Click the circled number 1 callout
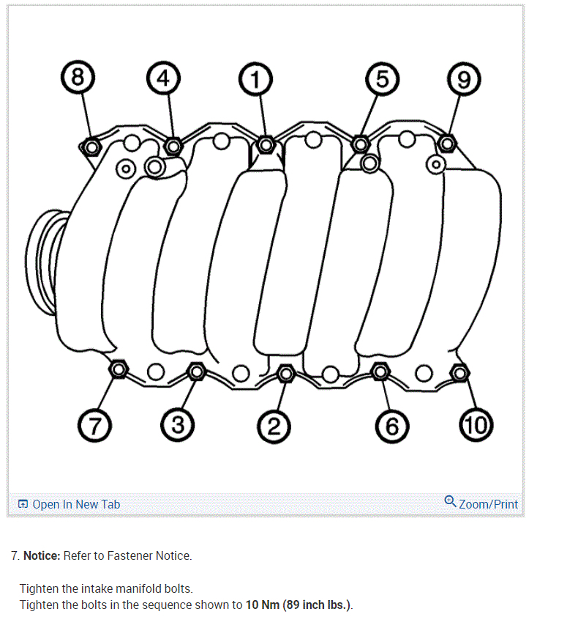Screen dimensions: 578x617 [x=255, y=78]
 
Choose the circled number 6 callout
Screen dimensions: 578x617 [x=391, y=424]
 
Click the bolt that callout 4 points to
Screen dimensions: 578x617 [x=173, y=145]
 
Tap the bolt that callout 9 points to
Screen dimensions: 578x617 [x=447, y=143]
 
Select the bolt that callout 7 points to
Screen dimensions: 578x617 [x=118, y=369]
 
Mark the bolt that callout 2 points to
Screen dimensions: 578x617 [x=286, y=374]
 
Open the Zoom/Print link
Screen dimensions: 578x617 [x=488, y=504]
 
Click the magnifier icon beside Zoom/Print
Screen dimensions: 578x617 [x=450, y=501]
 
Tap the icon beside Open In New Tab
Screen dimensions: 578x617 [x=23, y=504]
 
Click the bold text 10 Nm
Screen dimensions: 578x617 [x=263, y=605]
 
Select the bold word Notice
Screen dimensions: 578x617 [x=42, y=555]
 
